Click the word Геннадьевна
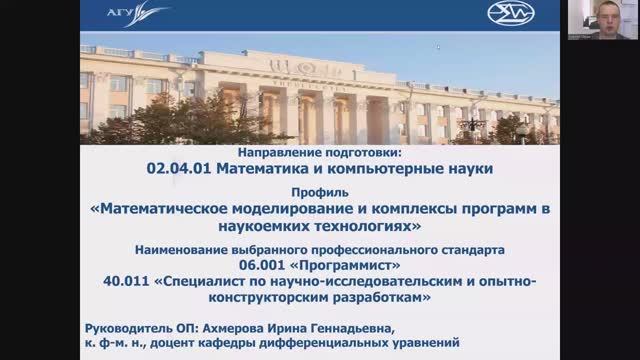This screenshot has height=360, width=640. [352, 328]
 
